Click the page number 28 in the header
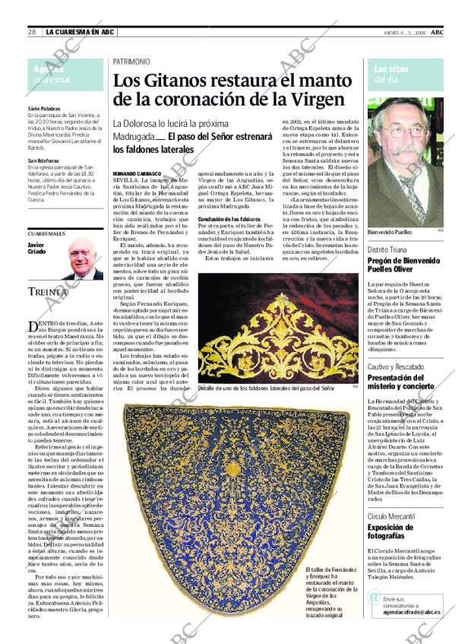pos(33,32)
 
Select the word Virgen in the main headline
pos(305,98)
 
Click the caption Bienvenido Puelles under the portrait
pos(389,232)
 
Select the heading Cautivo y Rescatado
pos(395,366)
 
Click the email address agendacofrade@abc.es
pos(411,612)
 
